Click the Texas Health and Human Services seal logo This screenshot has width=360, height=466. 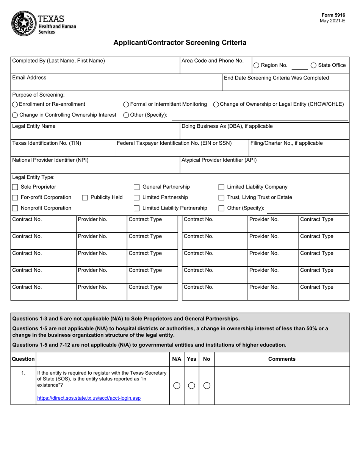[x=23, y=23]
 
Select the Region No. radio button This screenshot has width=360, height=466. [x=256, y=66]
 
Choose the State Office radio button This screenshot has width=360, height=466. [x=313, y=66]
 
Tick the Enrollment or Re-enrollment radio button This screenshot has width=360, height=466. [x=15, y=105]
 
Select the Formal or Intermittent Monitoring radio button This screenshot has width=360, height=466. [x=126, y=105]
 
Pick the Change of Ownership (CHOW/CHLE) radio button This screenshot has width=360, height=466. [x=216, y=105]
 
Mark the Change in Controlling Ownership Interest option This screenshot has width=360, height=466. [x=15, y=115]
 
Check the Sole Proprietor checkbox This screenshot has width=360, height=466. [x=15, y=187]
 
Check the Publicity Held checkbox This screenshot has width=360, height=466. [x=85, y=197]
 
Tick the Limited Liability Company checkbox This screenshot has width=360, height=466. [x=221, y=187]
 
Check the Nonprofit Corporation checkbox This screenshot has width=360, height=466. [x=15, y=208]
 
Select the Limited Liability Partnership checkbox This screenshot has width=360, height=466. [x=136, y=208]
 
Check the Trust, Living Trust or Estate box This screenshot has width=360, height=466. [x=221, y=197]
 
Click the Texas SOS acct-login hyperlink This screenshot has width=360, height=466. [x=89, y=398]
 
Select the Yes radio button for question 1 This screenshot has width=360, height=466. [x=191, y=386]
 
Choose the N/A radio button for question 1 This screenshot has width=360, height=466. [x=177, y=386]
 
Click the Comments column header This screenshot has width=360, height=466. [x=282, y=359]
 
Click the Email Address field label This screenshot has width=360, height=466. [x=29, y=78]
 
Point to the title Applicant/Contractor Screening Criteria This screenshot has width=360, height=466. [x=180, y=43]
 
